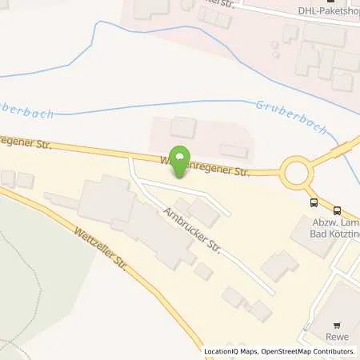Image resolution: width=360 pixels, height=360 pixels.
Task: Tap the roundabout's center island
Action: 297,172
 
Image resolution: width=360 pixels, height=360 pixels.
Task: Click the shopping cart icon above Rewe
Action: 337,326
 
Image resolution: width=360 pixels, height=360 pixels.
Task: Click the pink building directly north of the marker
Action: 183,126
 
